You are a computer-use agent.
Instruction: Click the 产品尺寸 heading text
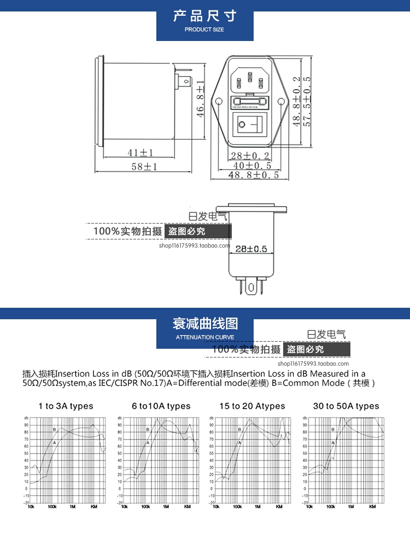204,16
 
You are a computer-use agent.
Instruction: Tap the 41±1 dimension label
140,153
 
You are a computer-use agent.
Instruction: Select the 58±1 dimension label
144,167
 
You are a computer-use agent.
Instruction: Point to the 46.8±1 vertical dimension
201,98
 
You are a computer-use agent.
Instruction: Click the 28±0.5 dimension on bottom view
251,249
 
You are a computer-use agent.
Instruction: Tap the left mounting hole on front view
218,102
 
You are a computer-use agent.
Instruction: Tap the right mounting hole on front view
282,102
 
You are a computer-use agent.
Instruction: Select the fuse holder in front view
250,102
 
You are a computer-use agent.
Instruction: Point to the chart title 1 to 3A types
66,406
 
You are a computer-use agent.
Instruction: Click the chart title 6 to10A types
161,406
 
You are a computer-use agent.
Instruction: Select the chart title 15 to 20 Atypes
252,406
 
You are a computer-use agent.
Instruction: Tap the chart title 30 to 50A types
345,406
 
